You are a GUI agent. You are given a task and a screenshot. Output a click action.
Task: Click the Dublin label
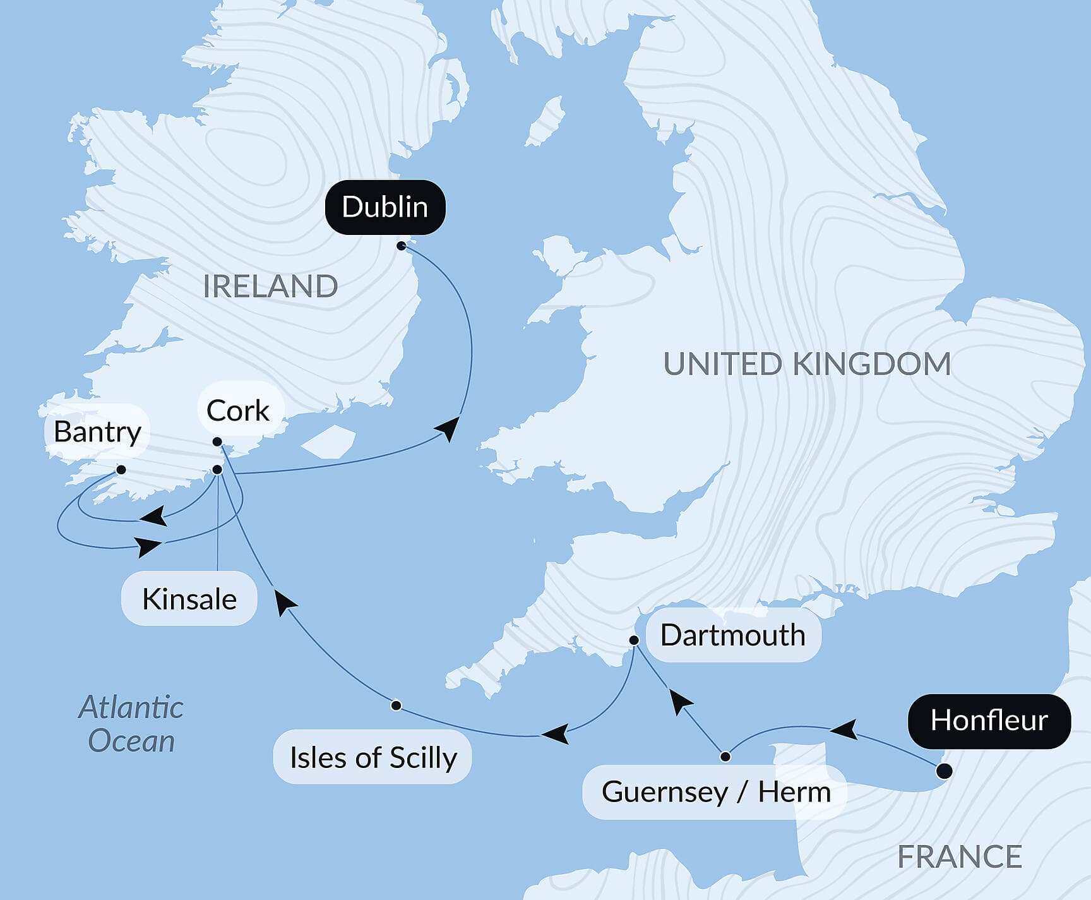coord(385,207)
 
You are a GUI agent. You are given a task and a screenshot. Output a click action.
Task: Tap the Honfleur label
coord(989,721)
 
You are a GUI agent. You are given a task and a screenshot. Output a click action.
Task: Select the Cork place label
coord(238,411)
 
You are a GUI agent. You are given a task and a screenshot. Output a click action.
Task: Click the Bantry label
coord(97,432)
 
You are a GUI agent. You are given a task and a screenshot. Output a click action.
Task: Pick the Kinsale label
coord(189,599)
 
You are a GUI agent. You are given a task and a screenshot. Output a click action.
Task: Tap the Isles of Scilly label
coord(373,757)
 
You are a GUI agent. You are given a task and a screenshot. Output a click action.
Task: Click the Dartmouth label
coord(732,635)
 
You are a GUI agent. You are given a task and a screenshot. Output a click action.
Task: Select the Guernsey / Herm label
coord(716,792)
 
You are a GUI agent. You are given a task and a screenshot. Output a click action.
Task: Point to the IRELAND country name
coord(270,287)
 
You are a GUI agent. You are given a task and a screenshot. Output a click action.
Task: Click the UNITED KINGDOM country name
coord(807,364)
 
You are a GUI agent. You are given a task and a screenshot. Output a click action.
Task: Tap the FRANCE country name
coord(959,857)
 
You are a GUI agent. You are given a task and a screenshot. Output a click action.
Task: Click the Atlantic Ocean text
coord(131,724)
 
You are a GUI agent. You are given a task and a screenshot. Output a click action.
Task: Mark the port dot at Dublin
coord(402,246)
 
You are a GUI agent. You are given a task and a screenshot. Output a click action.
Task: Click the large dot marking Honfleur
coord(944,771)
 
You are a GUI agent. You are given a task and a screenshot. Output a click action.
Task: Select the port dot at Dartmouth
coord(634,640)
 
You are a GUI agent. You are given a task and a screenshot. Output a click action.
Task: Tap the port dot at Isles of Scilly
coord(396,705)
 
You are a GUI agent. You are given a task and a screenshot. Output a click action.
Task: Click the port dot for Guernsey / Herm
coord(725,757)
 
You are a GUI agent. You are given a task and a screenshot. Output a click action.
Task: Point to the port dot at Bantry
coord(121,470)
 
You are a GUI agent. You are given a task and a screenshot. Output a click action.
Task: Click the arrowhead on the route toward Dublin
coord(448,428)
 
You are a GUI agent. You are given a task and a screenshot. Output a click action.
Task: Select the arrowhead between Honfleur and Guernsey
coord(844,729)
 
